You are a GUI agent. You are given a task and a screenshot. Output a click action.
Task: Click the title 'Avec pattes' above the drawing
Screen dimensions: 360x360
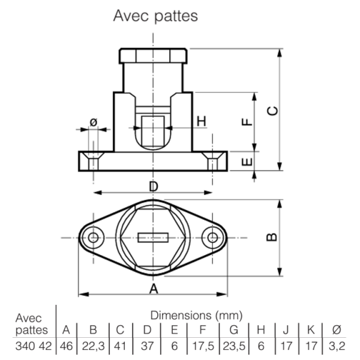click(155, 16)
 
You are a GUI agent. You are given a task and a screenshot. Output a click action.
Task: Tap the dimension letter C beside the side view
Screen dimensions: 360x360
click(272, 111)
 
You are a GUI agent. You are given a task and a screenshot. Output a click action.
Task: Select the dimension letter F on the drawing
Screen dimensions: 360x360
click(247, 122)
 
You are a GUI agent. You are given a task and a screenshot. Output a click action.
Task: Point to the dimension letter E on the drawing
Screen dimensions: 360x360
click(247, 162)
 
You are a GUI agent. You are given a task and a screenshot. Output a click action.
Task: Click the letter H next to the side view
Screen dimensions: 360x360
click(202, 121)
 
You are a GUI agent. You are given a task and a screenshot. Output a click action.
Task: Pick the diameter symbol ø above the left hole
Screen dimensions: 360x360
click(94, 122)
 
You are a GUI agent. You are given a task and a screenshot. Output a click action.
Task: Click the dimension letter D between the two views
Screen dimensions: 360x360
click(154, 186)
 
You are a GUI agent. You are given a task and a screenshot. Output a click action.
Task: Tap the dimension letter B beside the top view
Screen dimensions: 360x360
click(272, 237)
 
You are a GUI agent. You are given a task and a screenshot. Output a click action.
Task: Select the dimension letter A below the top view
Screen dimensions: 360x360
click(154, 289)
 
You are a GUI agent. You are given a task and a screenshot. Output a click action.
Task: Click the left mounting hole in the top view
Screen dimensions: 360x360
click(94, 238)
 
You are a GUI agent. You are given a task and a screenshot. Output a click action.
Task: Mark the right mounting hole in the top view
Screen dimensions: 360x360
click(213, 238)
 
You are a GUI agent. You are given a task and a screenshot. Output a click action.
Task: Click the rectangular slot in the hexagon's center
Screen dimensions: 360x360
click(153, 238)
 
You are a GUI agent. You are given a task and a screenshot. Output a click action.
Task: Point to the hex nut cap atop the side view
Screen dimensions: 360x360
click(153, 56)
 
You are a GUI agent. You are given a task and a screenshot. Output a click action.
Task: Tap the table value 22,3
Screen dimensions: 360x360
click(93, 346)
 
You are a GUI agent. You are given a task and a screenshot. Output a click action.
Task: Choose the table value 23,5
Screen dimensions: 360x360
click(234, 346)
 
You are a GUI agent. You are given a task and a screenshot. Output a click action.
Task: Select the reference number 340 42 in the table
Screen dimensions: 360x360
click(34, 346)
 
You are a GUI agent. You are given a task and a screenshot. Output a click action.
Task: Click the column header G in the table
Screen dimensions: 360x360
click(234, 330)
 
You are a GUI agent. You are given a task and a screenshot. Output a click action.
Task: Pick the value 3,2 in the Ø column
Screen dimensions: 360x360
click(337, 346)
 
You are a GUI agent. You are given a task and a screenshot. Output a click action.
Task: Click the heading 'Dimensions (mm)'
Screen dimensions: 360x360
click(197, 316)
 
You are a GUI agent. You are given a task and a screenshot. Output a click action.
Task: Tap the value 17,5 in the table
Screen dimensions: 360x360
click(203, 346)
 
